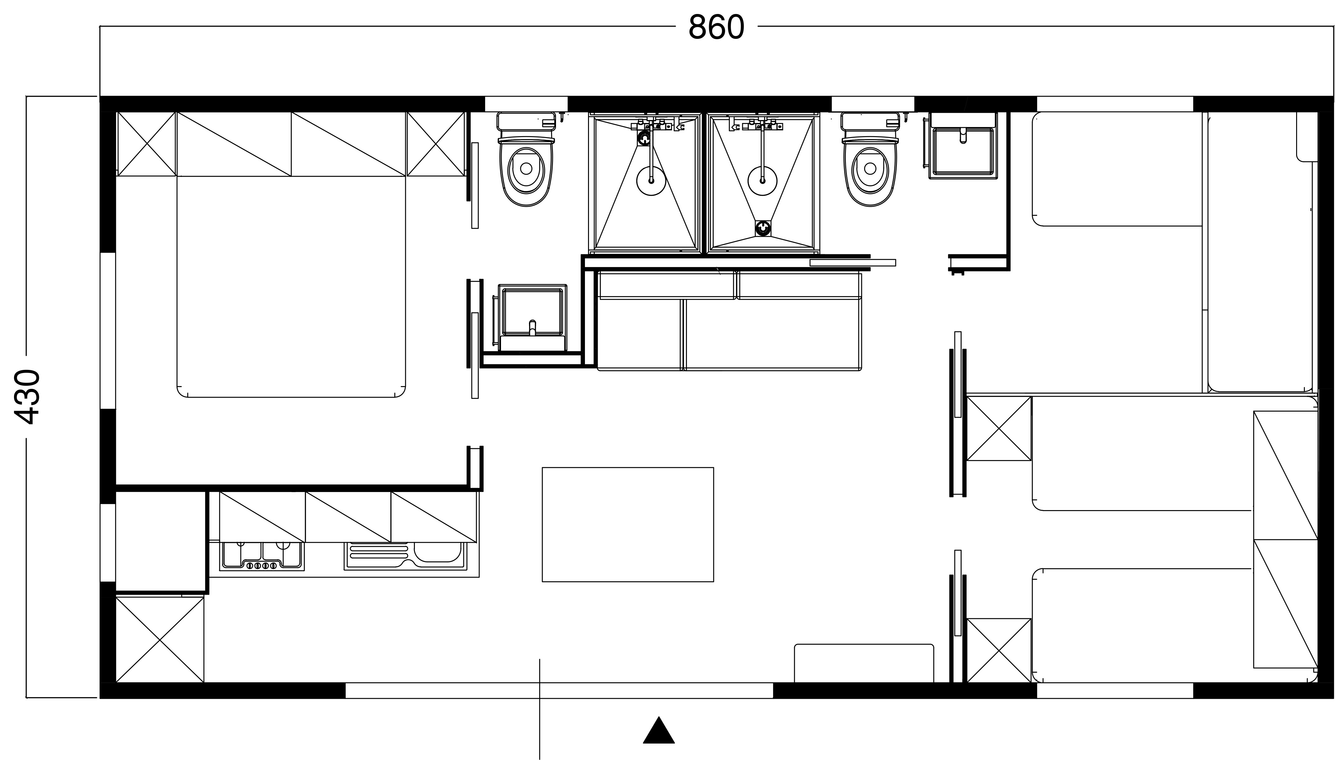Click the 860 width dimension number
click(x=716, y=27)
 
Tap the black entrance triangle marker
click(x=659, y=730)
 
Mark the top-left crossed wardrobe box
click(x=146, y=144)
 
